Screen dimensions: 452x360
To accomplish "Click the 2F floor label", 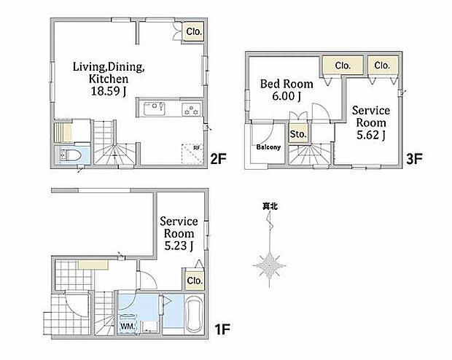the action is click(218, 159).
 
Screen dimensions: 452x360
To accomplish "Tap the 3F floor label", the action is click(414, 159).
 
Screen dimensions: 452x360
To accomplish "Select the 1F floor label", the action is click(222, 329).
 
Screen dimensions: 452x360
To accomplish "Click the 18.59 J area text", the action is click(109, 91).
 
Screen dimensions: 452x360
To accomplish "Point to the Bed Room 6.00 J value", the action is click(287, 96).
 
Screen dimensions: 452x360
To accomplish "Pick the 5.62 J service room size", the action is click(370, 135).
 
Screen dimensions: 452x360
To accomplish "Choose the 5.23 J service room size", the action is click(179, 246).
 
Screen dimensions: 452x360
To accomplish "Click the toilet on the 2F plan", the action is click(70, 155).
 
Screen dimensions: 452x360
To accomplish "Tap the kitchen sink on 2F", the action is click(155, 108).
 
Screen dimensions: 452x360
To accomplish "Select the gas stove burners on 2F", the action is click(191, 110).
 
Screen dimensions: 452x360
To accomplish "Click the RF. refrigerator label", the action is click(197, 148).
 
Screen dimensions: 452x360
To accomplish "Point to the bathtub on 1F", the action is click(194, 315).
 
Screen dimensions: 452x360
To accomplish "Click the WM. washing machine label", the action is click(127, 326).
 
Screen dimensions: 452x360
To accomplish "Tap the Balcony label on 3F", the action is click(268, 147).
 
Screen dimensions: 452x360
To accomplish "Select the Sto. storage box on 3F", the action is click(298, 134).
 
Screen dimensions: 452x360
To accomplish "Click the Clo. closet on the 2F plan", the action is click(194, 31).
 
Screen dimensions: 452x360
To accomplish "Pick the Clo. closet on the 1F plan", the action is click(195, 281).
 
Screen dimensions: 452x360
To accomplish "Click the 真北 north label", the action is click(270, 206).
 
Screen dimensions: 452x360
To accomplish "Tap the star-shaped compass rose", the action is click(269, 266).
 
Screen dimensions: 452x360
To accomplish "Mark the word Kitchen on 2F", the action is click(109, 79).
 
